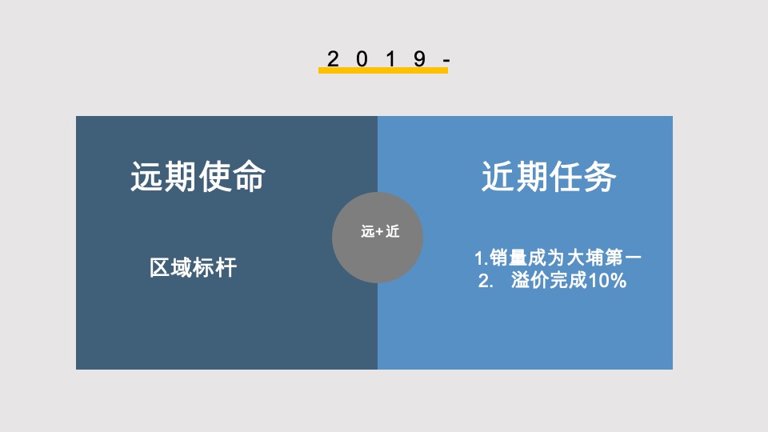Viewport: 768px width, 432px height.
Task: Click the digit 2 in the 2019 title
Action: (334, 58)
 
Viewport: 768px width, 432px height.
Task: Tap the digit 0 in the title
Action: (362, 58)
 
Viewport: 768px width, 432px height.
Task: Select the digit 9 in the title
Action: (419, 58)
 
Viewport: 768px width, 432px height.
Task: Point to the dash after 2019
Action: (446, 60)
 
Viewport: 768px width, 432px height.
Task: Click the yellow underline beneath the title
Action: (382, 70)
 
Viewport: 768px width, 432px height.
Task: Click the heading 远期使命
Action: (198, 177)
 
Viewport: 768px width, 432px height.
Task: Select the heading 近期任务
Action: (549, 177)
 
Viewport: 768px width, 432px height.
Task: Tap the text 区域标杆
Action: (193, 267)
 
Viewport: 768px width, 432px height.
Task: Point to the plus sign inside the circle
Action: (379, 233)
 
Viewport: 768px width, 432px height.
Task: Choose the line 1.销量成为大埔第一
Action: (558, 258)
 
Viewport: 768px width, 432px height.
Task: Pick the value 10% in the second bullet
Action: (607, 282)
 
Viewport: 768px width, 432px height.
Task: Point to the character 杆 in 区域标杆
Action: (226, 267)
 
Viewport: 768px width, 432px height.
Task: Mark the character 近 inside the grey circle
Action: (392, 233)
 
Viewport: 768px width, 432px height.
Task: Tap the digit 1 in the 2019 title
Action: (391, 58)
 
